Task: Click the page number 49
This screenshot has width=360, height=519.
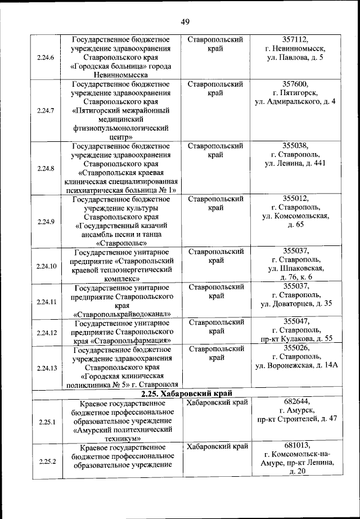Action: coord(185,22)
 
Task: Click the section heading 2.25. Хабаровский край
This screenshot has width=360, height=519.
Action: coord(187,393)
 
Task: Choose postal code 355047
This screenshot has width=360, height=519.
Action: coord(296,321)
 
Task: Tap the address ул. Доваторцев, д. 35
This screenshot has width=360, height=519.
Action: coord(296,304)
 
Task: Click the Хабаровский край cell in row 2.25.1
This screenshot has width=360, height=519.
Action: coord(217,402)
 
